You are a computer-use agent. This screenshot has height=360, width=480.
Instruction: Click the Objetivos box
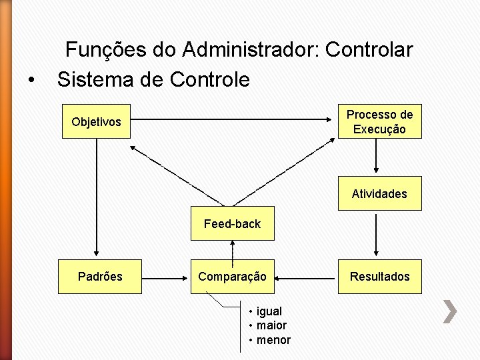[x=96, y=121]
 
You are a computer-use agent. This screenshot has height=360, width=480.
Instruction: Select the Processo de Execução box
[x=379, y=121]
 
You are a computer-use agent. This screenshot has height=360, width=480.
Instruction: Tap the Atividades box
[x=379, y=193]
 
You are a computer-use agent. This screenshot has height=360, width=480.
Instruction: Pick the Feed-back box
[x=232, y=224]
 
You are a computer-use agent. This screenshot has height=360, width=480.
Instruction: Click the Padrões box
[x=100, y=276]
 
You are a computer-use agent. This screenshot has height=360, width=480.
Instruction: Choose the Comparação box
[x=232, y=276]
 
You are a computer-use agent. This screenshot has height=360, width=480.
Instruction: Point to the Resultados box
[x=379, y=276]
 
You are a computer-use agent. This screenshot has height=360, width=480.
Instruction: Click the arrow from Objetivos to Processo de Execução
[x=233, y=120]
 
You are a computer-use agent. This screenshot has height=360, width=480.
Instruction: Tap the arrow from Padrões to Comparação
[x=166, y=276]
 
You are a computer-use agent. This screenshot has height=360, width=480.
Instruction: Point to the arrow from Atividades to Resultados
[x=377, y=235]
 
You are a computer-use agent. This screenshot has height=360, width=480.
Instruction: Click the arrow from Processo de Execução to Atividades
[x=377, y=157]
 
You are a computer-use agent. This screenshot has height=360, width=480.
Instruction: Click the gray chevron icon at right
[x=451, y=312]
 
